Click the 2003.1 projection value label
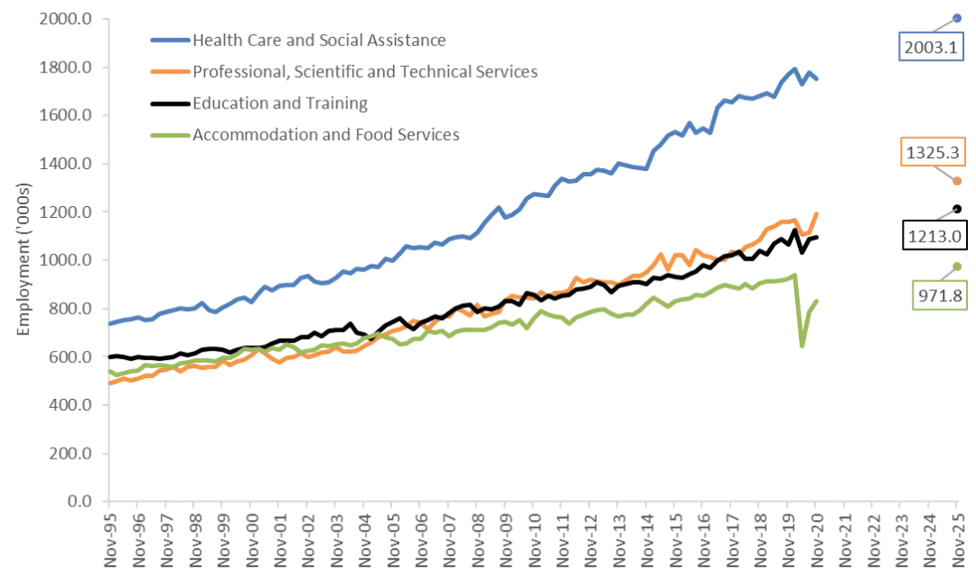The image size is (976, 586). click(930, 47)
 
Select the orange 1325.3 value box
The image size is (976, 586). click(930, 153)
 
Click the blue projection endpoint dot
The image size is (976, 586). click(957, 17)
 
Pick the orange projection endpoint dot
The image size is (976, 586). click(957, 182)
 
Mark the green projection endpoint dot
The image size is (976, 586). click(957, 266)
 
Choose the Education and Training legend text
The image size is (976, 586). click(280, 103)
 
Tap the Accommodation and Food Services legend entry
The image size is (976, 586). click(326, 135)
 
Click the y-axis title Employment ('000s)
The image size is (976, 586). click(24, 260)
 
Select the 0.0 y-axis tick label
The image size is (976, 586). click(82, 501)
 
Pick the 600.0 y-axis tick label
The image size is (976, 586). click(73, 357)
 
